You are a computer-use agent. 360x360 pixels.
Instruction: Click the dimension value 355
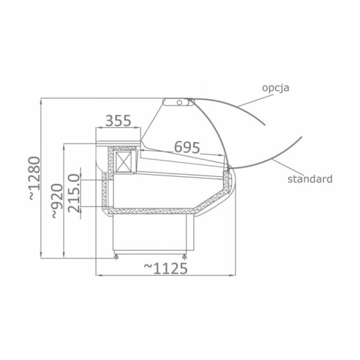118,121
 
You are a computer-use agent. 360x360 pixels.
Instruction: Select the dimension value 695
187,147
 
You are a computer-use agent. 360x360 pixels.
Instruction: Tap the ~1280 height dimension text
34,178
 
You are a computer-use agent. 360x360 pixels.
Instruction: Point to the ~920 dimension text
57,201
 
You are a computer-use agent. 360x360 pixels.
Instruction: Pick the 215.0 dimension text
74,193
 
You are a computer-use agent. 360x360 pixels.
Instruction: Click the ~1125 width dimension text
166,268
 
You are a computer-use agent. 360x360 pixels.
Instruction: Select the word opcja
275,88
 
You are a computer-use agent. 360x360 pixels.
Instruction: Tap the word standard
310,179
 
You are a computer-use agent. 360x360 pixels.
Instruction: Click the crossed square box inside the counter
124,161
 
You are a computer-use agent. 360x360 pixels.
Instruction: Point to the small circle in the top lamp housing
179,102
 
